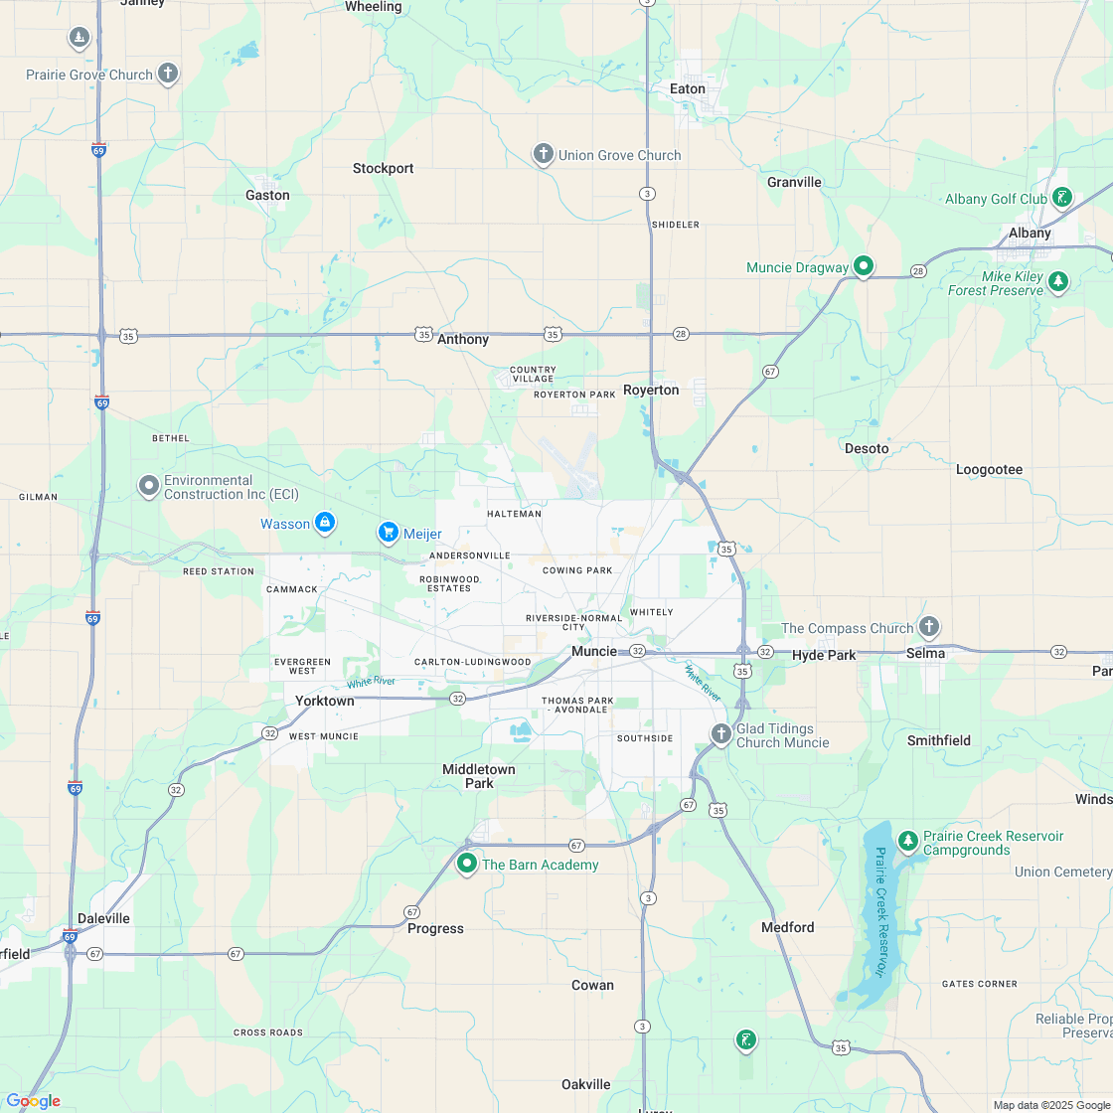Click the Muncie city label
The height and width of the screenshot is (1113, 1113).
click(593, 651)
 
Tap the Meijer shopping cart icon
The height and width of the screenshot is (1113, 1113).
click(388, 533)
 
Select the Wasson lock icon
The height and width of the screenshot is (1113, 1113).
click(325, 522)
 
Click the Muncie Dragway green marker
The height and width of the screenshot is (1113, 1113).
click(864, 265)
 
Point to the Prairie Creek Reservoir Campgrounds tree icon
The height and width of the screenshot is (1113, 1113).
click(907, 841)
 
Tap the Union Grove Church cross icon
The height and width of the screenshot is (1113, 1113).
click(543, 154)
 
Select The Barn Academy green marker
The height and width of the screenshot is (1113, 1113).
click(467, 863)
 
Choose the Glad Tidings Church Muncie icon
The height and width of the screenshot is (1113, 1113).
click(720, 734)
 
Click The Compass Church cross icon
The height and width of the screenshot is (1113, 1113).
click(928, 626)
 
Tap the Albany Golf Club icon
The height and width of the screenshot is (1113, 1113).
click(1062, 198)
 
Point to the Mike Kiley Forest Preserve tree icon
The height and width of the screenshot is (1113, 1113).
click(1058, 282)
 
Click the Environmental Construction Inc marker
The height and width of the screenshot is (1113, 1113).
click(148, 486)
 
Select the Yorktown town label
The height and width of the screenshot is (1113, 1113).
click(324, 701)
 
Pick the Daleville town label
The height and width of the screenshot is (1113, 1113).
click(104, 918)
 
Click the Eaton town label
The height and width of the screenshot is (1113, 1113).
click(688, 88)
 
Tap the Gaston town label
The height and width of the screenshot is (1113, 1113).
click(267, 195)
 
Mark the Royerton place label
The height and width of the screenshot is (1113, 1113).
click(651, 390)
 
